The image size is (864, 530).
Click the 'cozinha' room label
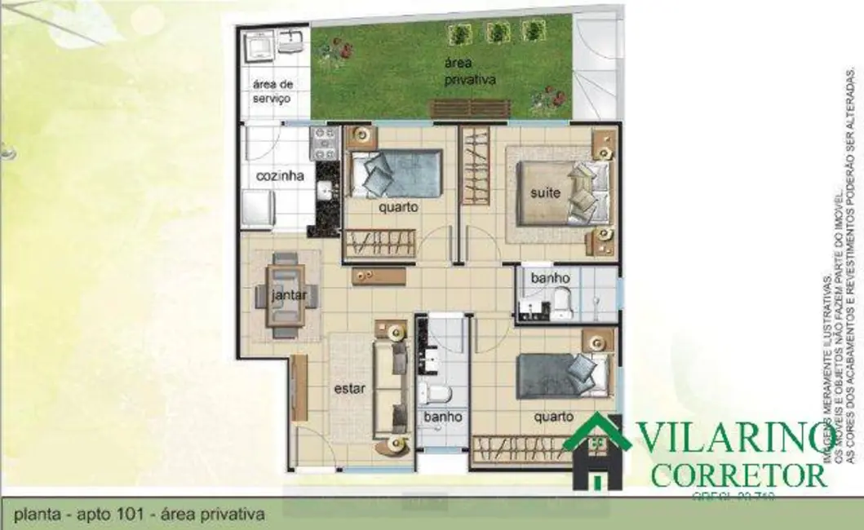pyautogui.click(x=280, y=176)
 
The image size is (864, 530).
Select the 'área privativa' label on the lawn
pyautogui.click(x=470, y=72)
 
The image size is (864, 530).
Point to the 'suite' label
pyautogui.click(x=546, y=194)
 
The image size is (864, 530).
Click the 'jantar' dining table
pyautogui.click(x=284, y=295)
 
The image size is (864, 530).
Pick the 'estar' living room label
pyautogui.click(x=350, y=388)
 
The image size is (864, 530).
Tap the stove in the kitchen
pyautogui.click(x=324, y=143)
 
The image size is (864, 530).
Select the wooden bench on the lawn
pyautogui.click(x=457, y=108)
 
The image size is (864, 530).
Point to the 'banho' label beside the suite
pyautogui.click(x=550, y=279)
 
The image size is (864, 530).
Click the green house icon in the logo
pyautogui.click(x=597, y=453)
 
